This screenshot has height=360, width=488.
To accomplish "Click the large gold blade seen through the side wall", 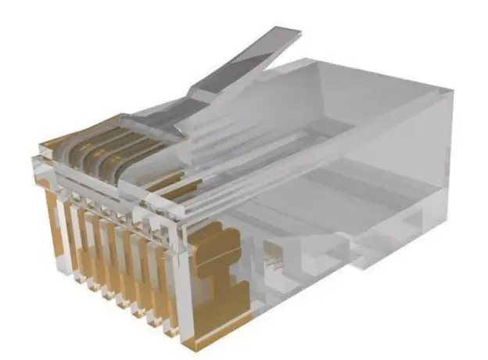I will [x=215, y=274].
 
